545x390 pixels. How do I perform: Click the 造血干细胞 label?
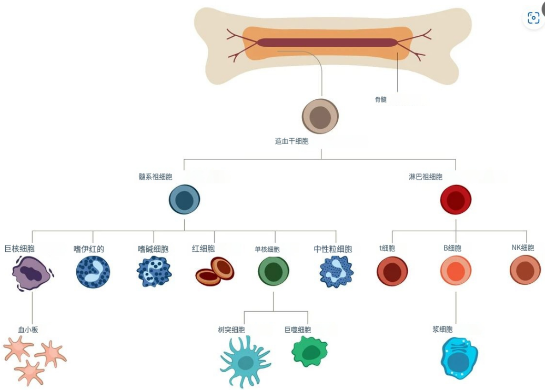[x=291, y=141]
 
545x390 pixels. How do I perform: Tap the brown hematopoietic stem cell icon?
[x=320, y=117]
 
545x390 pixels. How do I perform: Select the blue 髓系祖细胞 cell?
[x=184, y=200]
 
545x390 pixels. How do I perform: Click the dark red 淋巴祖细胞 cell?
[x=456, y=200]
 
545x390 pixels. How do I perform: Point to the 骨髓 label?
[x=380, y=99]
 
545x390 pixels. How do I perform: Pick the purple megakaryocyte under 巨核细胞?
[x=32, y=273]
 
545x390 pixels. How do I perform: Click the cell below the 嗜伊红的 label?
[x=93, y=272]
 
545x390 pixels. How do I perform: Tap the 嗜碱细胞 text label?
[x=153, y=249]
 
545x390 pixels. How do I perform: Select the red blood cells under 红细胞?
[x=215, y=271]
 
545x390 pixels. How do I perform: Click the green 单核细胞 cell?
[x=274, y=271]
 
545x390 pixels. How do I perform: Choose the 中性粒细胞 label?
[x=333, y=249]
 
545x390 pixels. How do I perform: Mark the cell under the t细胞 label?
[x=392, y=271]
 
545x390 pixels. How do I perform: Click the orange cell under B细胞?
[x=456, y=271]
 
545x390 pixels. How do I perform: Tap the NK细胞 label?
[x=522, y=248]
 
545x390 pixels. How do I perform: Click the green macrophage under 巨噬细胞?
[x=309, y=352]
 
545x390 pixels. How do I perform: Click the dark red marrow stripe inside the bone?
[x=326, y=43]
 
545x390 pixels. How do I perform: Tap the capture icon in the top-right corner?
[x=533, y=18]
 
